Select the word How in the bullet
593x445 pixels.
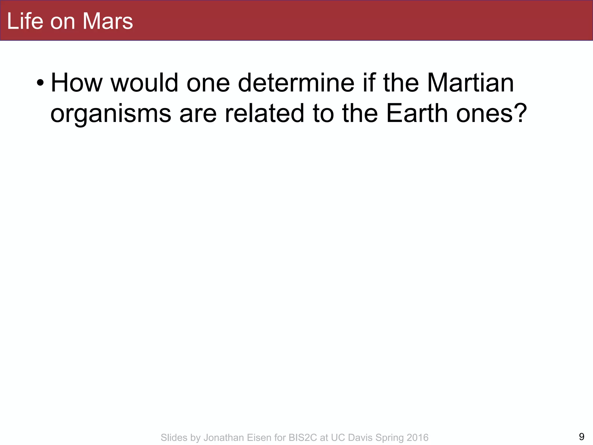(x=76, y=83)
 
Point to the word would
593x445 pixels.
(x=144, y=83)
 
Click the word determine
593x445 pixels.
(x=296, y=83)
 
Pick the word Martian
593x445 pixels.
(x=470, y=83)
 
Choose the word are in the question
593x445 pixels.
(x=198, y=114)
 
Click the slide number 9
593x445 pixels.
(x=581, y=436)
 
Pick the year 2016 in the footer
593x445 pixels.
(x=417, y=437)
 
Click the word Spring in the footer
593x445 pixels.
(x=389, y=438)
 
